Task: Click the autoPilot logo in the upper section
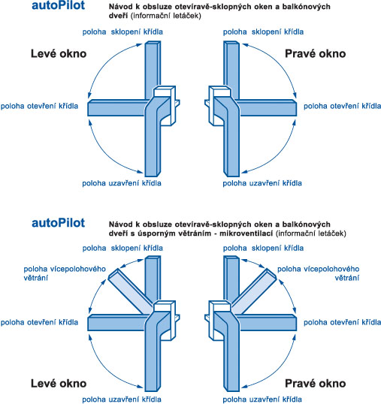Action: click(x=59, y=5)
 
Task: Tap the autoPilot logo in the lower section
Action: click(x=59, y=223)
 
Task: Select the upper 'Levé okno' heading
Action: click(x=59, y=53)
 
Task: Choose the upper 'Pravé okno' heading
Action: click(x=316, y=53)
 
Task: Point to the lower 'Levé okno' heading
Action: click(x=59, y=384)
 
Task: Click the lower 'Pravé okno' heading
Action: click(x=316, y=384)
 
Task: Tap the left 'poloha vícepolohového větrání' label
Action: click(x=65, y=273)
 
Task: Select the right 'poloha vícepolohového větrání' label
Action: click(x=319, y=273)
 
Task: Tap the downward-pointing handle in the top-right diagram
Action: click(x=231, y=144)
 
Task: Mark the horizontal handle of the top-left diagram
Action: click(x=117, y=108)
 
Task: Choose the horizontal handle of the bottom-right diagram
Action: click(x=268, y=323)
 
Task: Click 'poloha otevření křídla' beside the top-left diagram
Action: click(x=39, y=106)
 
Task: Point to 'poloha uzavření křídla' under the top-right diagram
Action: click(x=262, y=183)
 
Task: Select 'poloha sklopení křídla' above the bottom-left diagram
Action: click(x=122, y=248)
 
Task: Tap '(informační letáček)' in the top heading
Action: click(x=165, y=16)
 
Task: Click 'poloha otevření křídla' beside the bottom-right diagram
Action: click(x=342, y=322)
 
